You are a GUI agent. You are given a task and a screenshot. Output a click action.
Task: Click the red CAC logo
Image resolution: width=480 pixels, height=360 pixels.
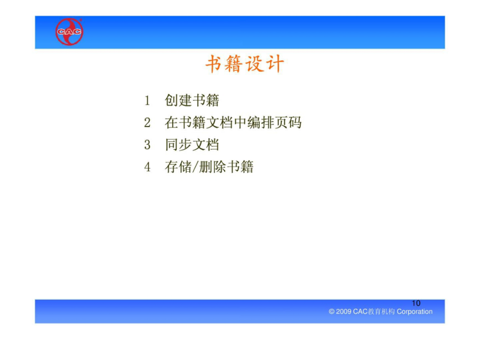point(69,31)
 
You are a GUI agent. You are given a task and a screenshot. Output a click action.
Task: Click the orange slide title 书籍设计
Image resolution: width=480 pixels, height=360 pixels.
point(245,64)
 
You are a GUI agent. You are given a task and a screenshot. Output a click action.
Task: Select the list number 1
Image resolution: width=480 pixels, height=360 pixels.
point(147,100)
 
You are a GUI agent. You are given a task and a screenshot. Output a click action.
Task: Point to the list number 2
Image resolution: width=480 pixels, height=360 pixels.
point(147,123)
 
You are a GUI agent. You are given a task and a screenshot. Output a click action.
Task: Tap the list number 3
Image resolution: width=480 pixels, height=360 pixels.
point(147,145)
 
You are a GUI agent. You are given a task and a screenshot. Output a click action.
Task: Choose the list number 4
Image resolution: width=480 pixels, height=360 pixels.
point(147,167)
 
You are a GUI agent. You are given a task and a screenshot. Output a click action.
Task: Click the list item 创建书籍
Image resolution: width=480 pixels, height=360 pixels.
point(192,100)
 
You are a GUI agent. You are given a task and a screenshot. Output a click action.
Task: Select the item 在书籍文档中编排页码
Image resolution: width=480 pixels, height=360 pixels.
point(233,123)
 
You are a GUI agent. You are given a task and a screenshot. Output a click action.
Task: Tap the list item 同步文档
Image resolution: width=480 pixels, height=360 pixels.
point(192,145)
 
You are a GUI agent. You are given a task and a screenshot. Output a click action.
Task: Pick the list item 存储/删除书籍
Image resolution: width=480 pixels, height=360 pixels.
point(209,167)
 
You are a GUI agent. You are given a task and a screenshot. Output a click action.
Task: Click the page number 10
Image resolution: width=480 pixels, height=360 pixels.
point(416,303)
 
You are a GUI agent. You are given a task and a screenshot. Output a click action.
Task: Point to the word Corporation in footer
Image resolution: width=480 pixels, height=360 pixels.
point(414,311)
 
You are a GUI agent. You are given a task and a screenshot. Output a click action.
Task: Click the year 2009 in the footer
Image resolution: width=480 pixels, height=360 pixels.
point(343,311)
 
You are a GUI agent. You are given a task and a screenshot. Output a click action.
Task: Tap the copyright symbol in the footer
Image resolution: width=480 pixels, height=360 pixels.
point(332,311)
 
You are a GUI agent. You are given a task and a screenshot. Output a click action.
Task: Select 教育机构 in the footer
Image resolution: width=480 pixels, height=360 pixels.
point(381,311)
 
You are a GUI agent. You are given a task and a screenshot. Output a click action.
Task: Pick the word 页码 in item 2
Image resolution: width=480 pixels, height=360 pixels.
point(288,123)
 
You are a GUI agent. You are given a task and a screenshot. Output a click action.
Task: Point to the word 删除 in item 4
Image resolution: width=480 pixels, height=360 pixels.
point(212,167)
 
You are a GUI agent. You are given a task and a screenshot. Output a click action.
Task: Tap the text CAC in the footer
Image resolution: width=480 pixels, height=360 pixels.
point(360,311)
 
